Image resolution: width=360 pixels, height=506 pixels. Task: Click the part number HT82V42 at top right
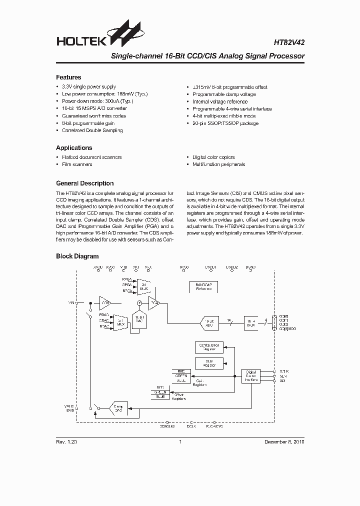[x=288, y=43]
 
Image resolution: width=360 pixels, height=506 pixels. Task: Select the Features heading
[x=68, y=77]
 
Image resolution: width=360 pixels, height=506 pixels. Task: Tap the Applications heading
[x=74, y=148]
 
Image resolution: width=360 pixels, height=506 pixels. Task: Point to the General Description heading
[x=84, y=183]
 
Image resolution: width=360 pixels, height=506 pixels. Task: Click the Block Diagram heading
[x=77, y=256]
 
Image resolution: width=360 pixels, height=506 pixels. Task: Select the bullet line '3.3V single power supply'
[x=88, y=87]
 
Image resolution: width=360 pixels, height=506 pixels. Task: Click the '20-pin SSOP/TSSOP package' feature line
[x=225, y=123]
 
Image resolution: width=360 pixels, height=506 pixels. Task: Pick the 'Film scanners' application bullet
[x=77, y=164]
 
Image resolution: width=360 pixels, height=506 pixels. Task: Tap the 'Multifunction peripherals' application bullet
[x=218, y=164]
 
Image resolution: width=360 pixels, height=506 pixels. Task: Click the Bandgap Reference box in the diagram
[x=203, y=286]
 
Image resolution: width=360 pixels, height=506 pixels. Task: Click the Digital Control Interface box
[x=251, y=375]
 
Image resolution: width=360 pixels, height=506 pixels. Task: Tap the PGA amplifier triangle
[x=154, y=303]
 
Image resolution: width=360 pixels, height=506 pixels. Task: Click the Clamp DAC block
[x=118, y=408]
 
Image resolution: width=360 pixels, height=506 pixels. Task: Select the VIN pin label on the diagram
[x=70, y=303]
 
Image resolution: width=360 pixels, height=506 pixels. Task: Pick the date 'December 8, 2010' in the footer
[x=283, y=442]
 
